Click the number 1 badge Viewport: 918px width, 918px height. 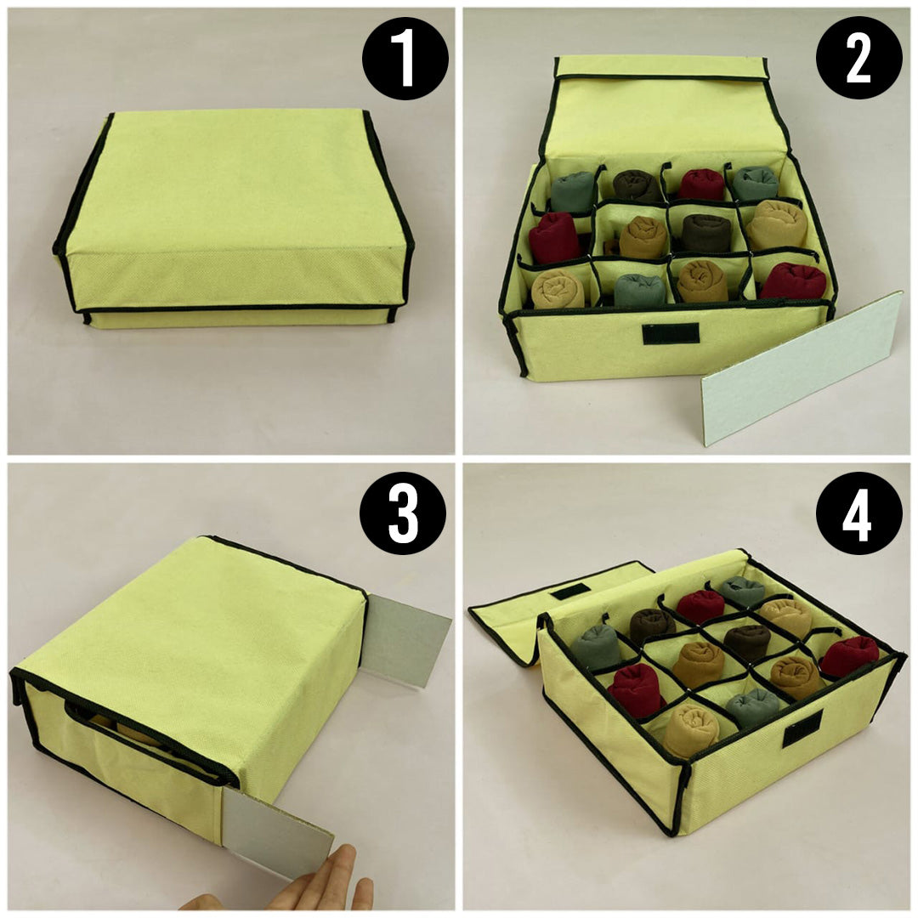tap(405, 58)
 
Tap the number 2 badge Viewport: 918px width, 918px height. tap(858, 58)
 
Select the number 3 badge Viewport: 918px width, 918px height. tap(402, 513)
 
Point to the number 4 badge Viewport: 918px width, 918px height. tap(858, 513)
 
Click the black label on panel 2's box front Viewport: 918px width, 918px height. tap(671, 333)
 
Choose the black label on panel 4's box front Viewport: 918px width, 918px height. tap(802, 728)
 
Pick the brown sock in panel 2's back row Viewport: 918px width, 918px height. tap(633, 184)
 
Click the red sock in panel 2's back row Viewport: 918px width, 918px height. tap(701, 184)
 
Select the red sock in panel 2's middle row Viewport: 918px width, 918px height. tap(554, 238)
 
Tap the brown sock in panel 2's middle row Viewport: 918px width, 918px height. tap(707, 233)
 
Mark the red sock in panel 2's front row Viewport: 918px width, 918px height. tap(794, 281)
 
